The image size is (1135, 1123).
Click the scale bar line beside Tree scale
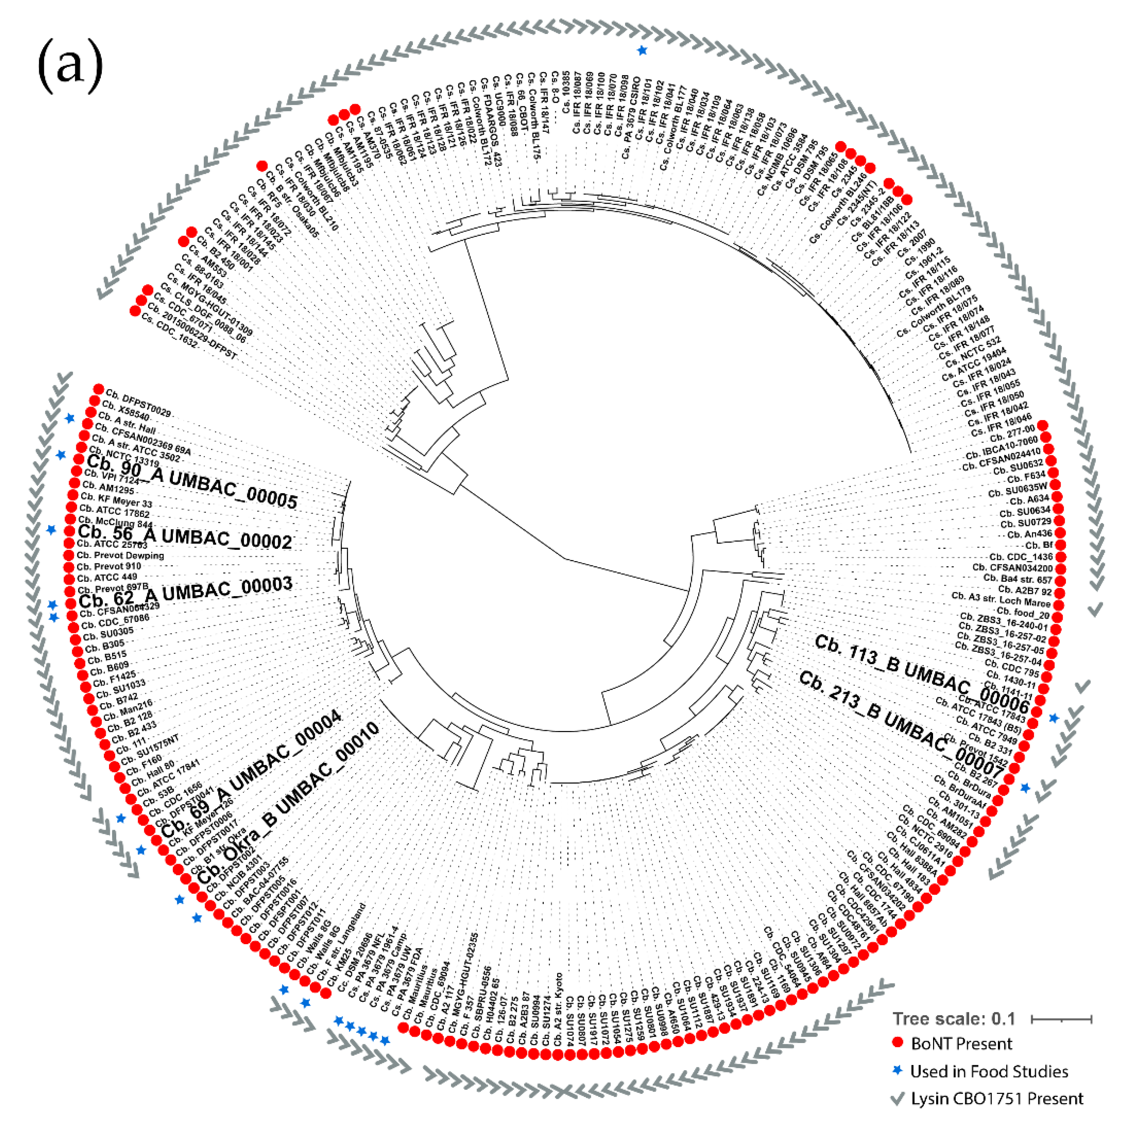pos(1061,1019)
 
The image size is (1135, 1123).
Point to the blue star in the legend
pos(897,1070)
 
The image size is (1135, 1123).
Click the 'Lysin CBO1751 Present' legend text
pos(997,1098)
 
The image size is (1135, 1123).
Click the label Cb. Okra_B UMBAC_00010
pos(288,803)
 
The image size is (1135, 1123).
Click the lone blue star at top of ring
pos(642,51)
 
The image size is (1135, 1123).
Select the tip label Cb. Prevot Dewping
pos(120,555)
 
